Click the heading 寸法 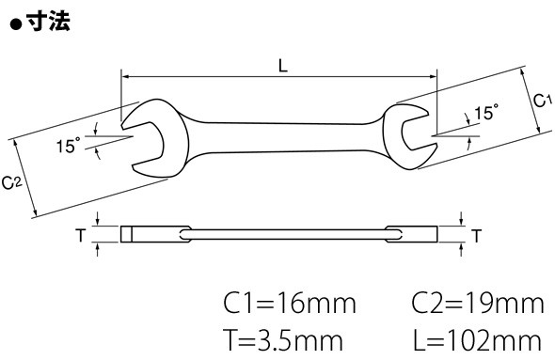49,22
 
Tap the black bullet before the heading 16,24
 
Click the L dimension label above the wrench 283,66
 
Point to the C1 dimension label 542,101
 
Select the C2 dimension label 12,183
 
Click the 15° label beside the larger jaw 69,145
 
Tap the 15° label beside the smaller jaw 486,113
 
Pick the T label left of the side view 81,235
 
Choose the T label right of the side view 477,236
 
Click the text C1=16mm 290,304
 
